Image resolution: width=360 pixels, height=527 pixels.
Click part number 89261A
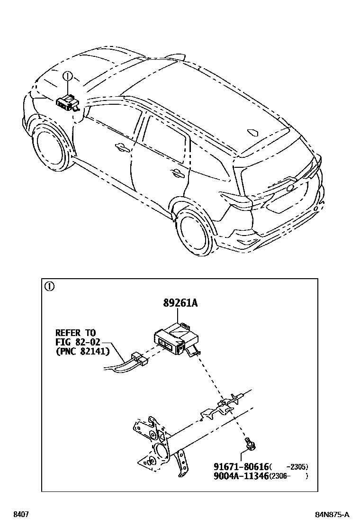tap(180, 303)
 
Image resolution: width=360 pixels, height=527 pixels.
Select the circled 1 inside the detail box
tap(50, 286)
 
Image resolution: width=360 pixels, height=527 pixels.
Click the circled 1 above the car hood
tap(68, 76)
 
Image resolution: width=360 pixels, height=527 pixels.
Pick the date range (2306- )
tap(288, 476)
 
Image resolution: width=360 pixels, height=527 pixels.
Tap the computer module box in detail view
tap(175, 339)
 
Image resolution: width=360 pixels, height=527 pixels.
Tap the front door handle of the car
tap(121, 147)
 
